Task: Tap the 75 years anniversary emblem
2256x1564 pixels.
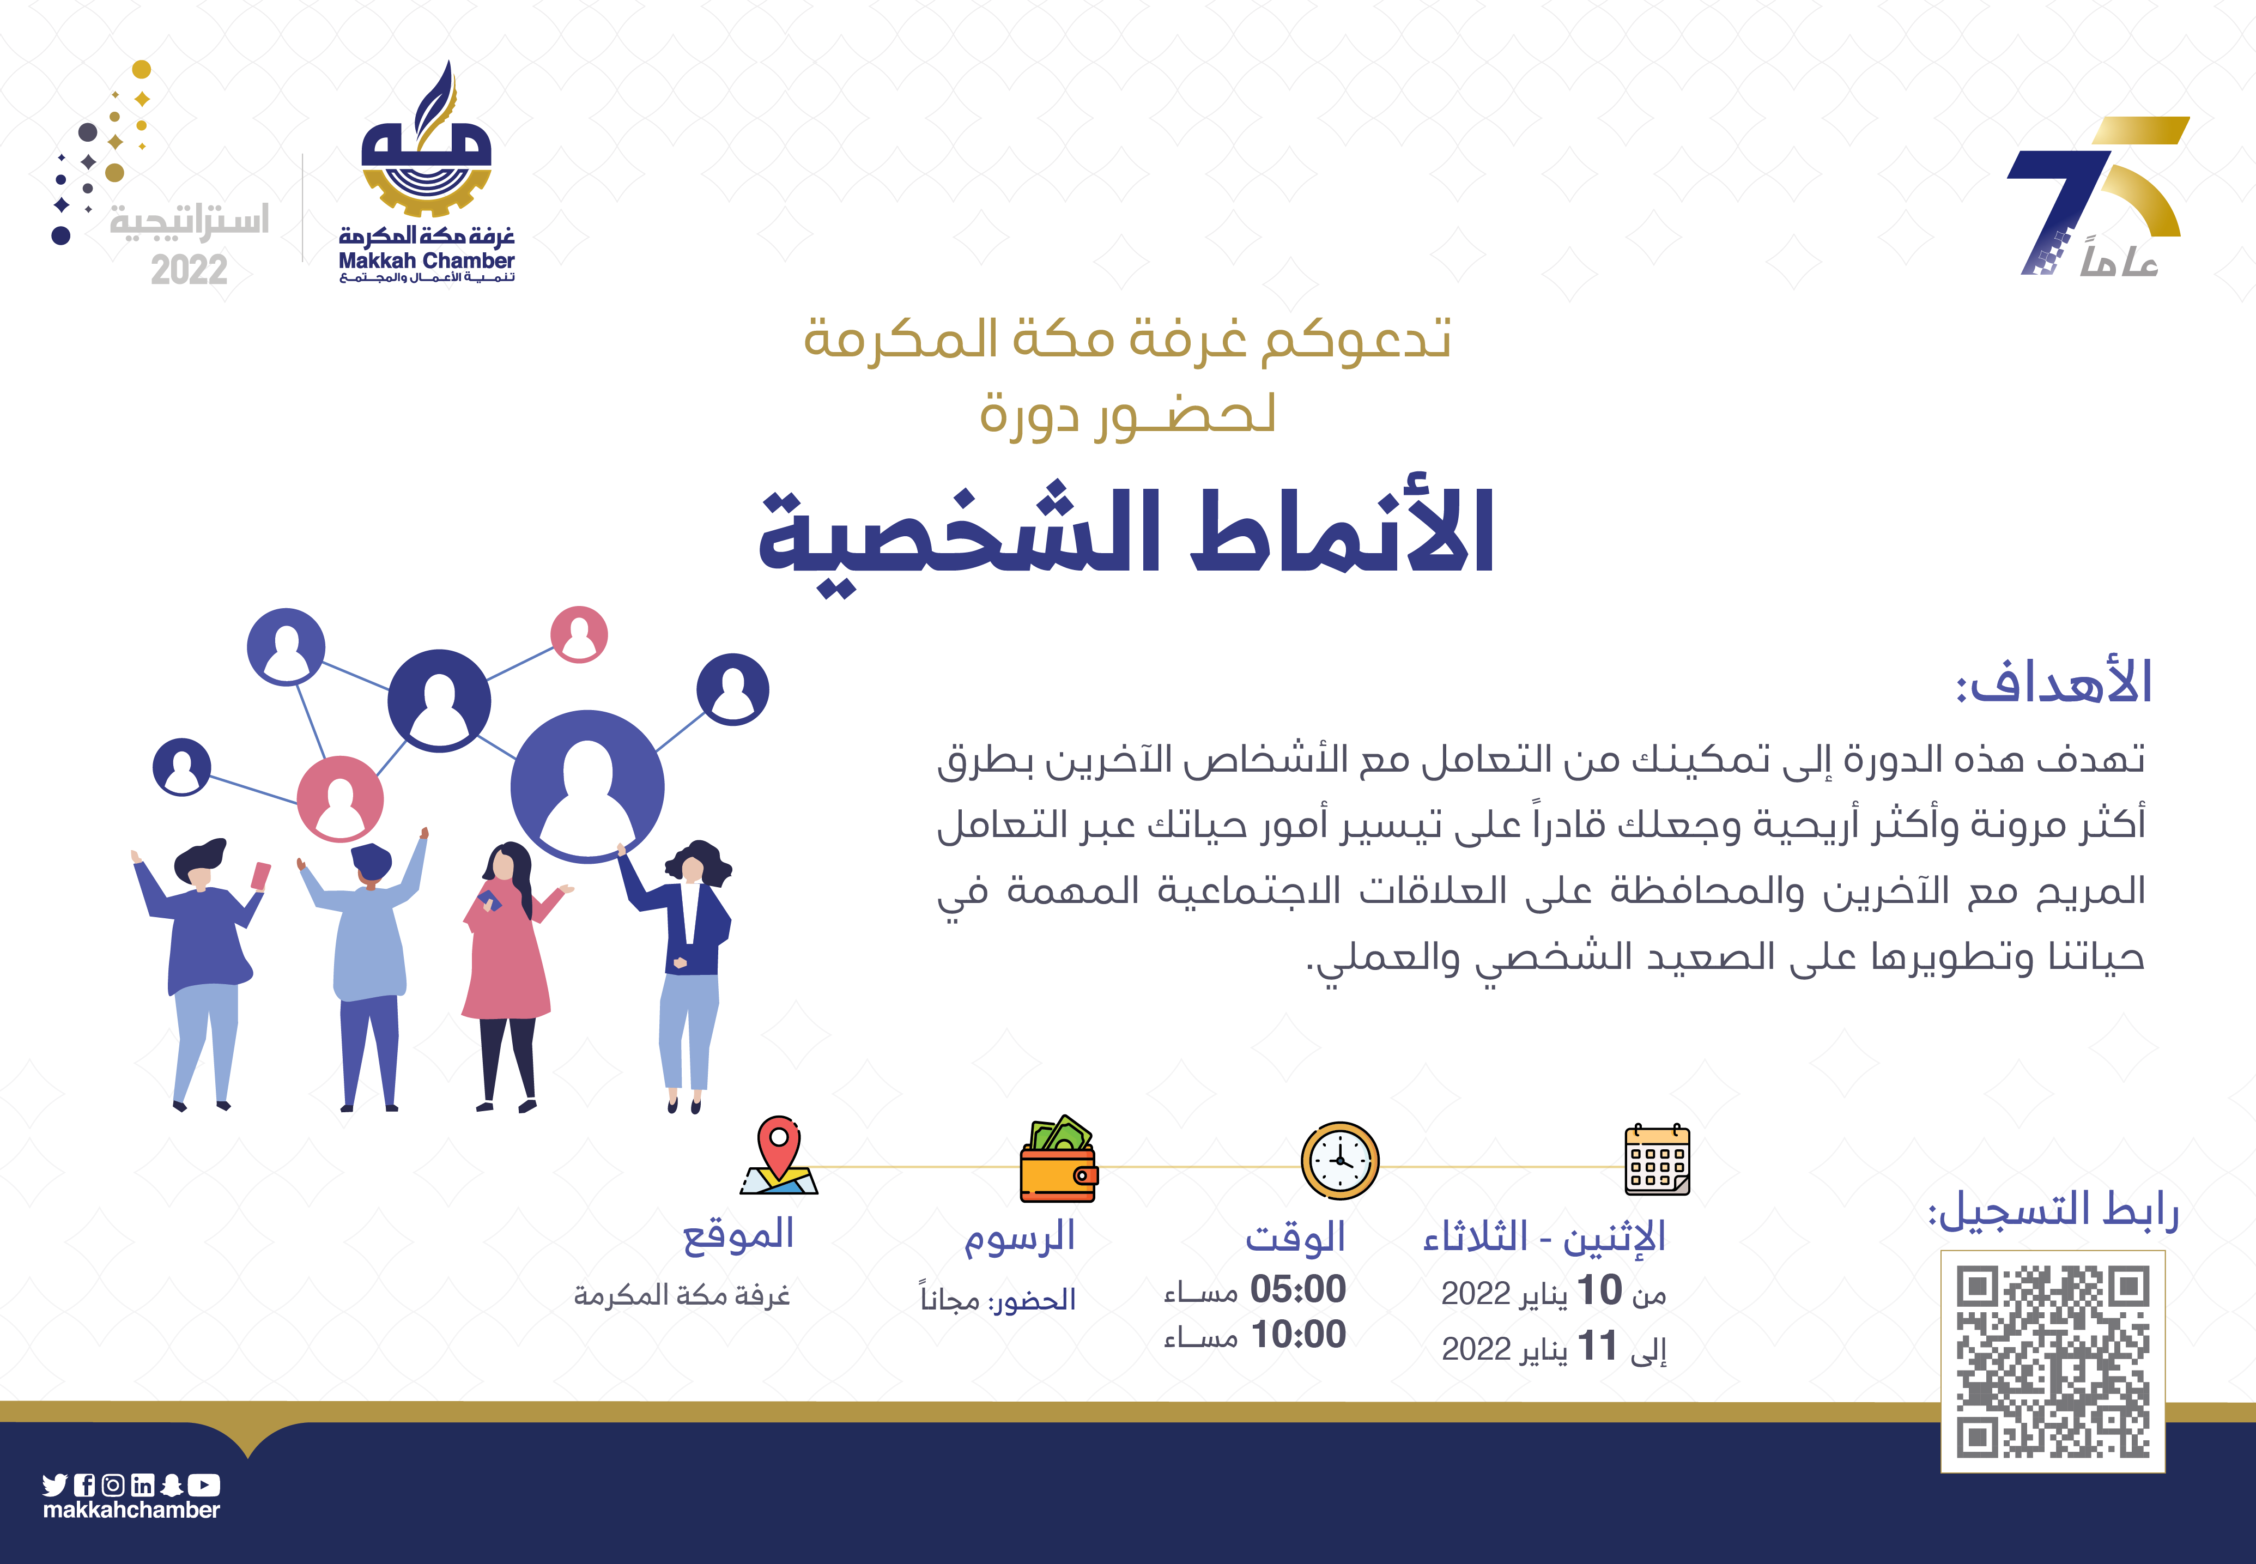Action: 2097,196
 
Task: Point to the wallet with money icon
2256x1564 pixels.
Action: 1058,1159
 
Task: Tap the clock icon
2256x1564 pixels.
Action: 1339,1160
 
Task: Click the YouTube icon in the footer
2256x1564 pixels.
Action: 205,1484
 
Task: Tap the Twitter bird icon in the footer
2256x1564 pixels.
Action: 55,1484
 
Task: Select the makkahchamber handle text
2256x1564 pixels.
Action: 131,1510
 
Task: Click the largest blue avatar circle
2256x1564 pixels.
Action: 588,786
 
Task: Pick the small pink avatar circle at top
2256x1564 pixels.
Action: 579,634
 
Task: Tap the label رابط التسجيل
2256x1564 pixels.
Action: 2053,1211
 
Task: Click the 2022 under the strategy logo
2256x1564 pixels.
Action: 189,270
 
